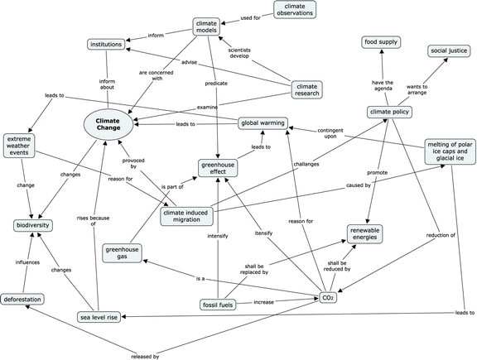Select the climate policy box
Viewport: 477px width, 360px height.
point(390,112)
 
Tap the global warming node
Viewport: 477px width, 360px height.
point(263,123)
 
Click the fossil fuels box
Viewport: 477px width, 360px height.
point(220,305)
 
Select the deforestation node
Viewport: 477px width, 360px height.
point(22,300)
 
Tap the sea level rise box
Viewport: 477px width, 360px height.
point(99,317)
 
